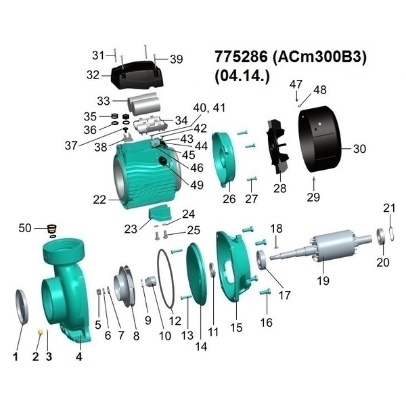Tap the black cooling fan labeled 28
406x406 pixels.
(277, 147)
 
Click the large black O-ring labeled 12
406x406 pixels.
(165, 279)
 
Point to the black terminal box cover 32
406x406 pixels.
(137, 75)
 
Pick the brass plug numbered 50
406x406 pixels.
(52, 229)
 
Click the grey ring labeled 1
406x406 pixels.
(22, 307)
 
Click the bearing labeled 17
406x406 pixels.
(261, 260)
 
